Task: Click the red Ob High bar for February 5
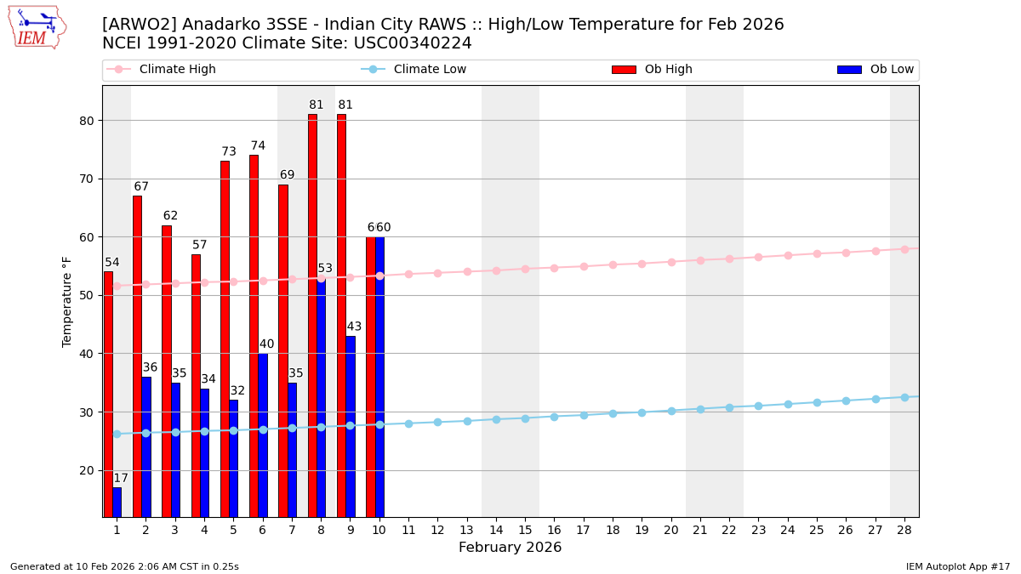pyautogui.click(x=225, y=338)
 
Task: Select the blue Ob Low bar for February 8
pyautogui.click(x=321, y=397)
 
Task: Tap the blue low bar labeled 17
pyautogui.click(x=117, y=502)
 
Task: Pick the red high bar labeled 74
pyautogui.click(x=254, y=336)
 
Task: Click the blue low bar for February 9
pyautogui.click(x=351, y=426)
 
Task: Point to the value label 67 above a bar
pyautogui.click(x=141, y=187)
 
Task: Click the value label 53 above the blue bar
pyautogui.click(x=325, y=269)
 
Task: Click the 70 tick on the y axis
pyautogui.click(x=87, y=179)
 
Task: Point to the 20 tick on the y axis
pyautogui.click(x=87, y=470)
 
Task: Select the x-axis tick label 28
pyautogui.click(x=904, y=530)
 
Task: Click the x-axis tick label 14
pyautogui.click(x=496, y=530)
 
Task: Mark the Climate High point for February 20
pyautogui.click(x=671, y=262)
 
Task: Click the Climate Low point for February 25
pyautogui.click(x=817, y=402)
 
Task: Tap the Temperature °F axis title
pyautogui.click(x=68, y=301)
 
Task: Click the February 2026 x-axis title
pyautogui.click(x=510, y=548)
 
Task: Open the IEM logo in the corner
pyautogui.click(x=37, y=27)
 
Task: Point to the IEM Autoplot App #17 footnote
pyautogui.click(x=957, y=566)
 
